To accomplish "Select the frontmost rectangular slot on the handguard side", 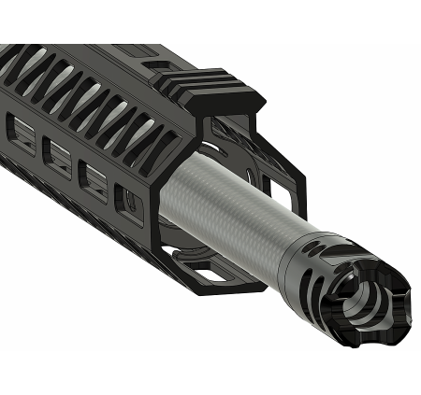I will [x=125, y=202].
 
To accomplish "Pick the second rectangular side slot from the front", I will [x=93, y=177].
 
